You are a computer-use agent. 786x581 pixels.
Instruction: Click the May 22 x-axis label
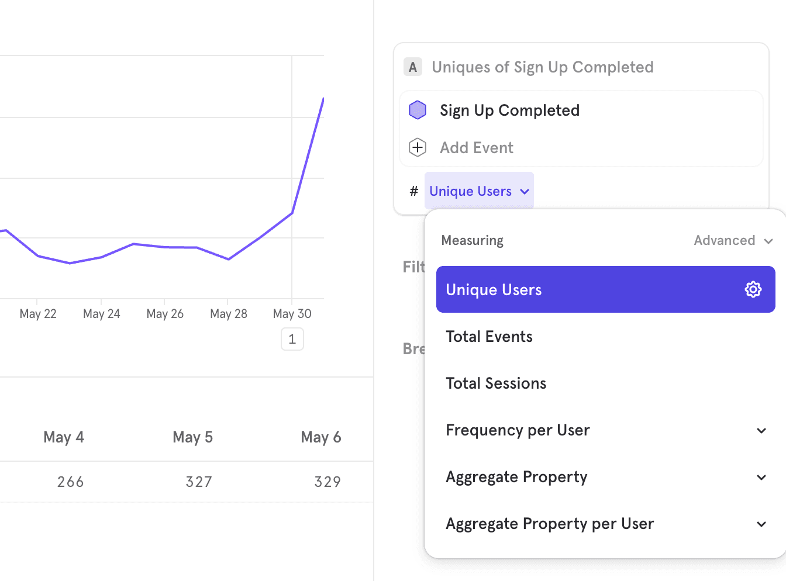(x=38, y=314)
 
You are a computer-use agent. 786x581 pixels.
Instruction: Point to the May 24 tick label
(x=102, y=314)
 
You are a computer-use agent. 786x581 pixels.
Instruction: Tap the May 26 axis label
(x=165, y=314)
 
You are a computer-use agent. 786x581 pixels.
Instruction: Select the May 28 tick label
(x=229, y=314)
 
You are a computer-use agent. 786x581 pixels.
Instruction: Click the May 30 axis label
(x=292, y=314)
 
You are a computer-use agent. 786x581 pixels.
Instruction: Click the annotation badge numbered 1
(x=292, y=339)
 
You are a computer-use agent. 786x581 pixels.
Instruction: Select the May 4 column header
(x=64, y=437)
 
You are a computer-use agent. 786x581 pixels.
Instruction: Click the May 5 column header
(x=192, y=437)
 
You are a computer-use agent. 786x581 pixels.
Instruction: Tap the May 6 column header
(x=320, y=437)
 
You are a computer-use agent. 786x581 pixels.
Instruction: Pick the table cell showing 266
(x=71, y=482)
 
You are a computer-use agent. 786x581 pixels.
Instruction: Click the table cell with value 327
(x=199, y=482)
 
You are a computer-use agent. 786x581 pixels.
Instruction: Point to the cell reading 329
(x=327, y=482)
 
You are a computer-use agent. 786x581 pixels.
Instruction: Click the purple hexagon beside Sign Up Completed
(x=418, y=110)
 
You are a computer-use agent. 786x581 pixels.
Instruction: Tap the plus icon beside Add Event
(x=418, y=147)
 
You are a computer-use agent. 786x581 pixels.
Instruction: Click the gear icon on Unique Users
(x=753, y=289)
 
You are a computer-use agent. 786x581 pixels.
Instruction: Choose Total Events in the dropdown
(x=489, y=337)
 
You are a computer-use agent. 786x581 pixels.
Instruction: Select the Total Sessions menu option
(x=496, y=383)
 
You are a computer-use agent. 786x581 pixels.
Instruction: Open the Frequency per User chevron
(x=761, y=431)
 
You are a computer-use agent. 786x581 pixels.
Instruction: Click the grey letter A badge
(x=413, y=67)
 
